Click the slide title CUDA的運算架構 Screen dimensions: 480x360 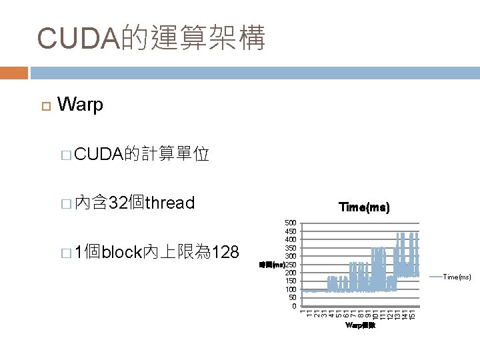tap(151, 39)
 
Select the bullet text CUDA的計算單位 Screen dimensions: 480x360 tap(143, 155)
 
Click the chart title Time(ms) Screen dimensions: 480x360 tap(363, 208)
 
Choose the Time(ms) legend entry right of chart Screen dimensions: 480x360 tap(457, 277)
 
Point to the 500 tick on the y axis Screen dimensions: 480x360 tap(290, 223)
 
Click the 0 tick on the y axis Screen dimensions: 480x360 tap(294, 306)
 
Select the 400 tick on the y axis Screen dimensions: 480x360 tap(290, 239)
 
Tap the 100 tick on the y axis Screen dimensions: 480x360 tap(290, 289)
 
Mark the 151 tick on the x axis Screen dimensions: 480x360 tap(413, 313)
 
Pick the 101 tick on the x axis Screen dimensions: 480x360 tap(376, 313)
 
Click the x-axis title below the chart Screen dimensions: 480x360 tap(360, 326)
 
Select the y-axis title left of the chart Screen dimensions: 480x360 tap(271, 265)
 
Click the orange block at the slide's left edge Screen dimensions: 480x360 tap(14, 72)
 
